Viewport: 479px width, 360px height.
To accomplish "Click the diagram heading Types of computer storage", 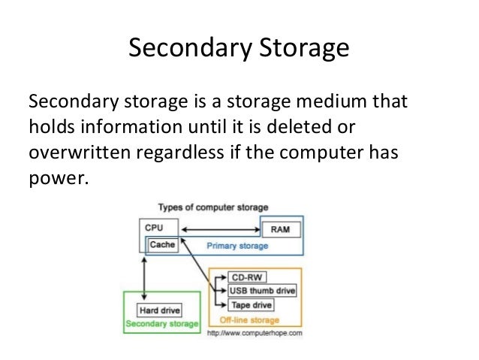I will (214, 207).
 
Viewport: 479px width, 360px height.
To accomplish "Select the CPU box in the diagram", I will (152, 226).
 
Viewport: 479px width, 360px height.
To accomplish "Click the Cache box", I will (163, 245).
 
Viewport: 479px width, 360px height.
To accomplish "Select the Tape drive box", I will (252, 305).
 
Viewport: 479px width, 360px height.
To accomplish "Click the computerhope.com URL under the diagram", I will (253, 332).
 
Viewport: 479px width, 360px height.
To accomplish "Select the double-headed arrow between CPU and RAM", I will (218, 227).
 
